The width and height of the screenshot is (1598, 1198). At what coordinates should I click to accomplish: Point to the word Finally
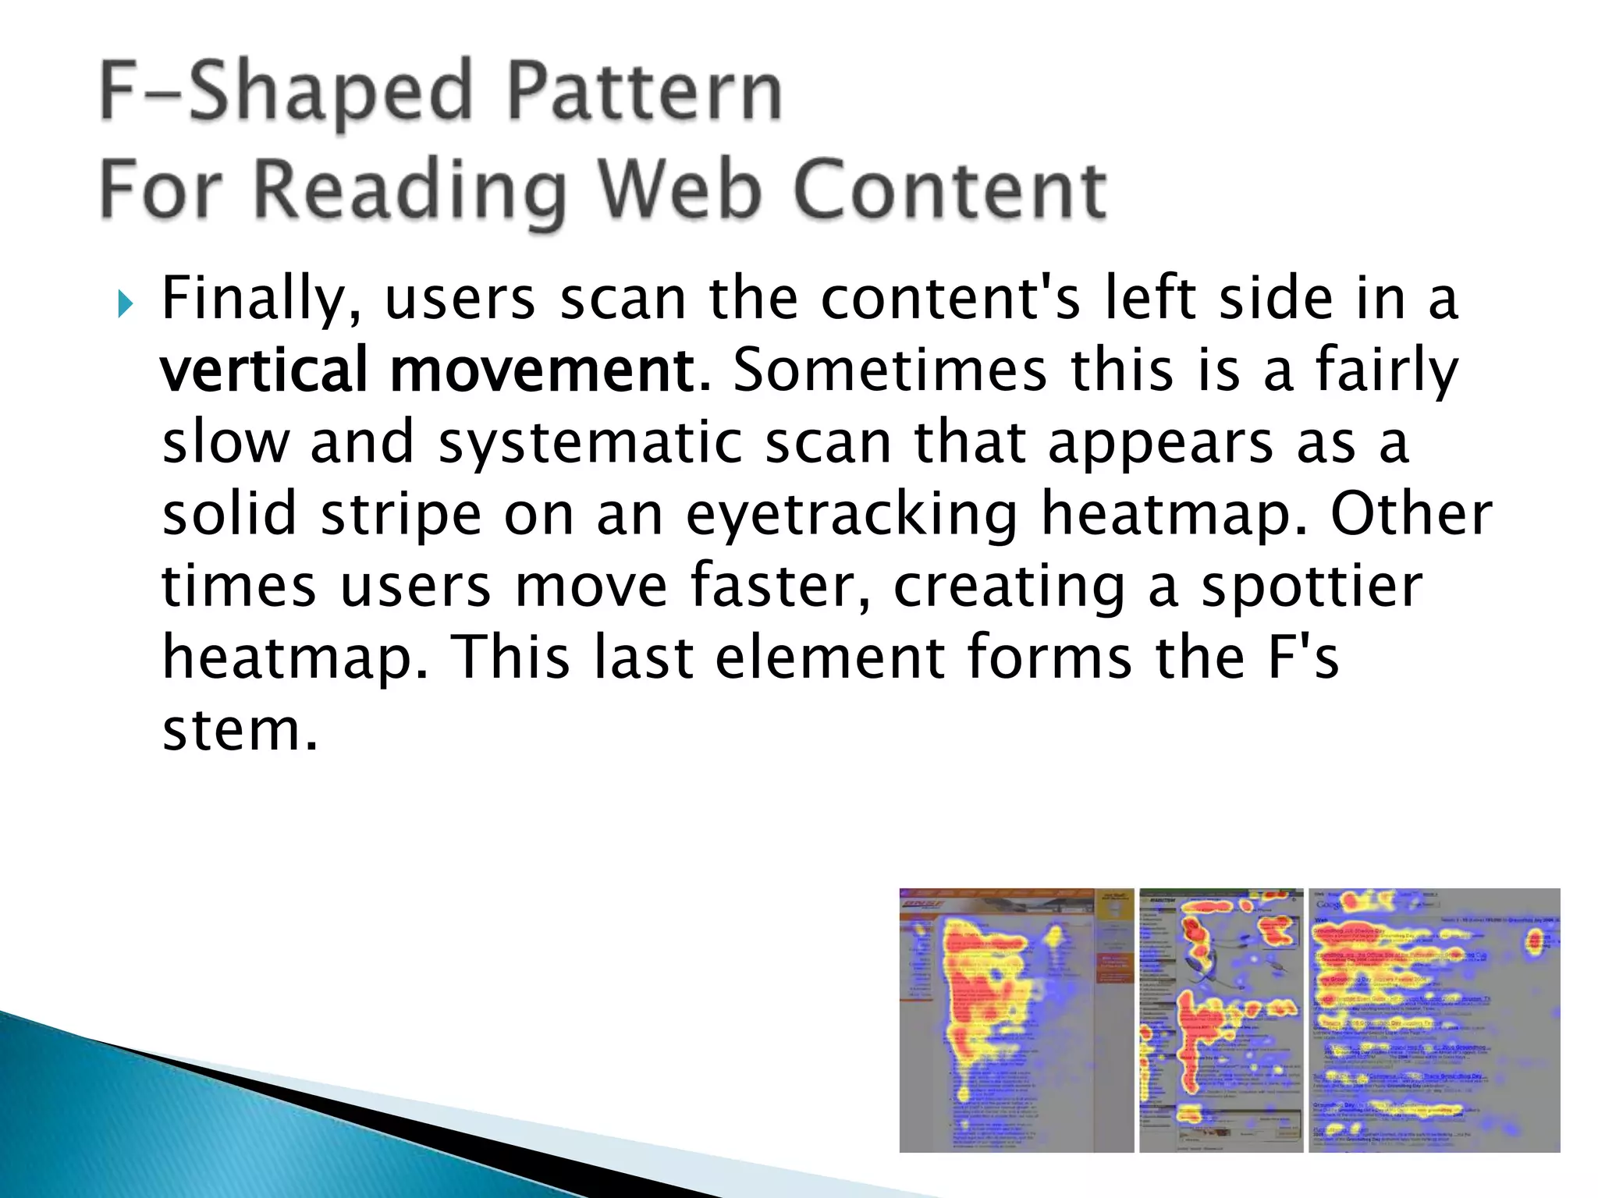point(261,300)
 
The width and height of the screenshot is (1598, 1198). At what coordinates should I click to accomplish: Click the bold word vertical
point(264,370)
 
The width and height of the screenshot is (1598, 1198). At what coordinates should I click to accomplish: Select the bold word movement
point(549,370)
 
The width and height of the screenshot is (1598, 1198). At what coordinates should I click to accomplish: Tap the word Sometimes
point(890,370)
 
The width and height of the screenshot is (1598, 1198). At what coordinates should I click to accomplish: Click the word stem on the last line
point(239,731)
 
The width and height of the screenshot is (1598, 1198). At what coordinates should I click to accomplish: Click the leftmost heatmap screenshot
point(1016,1020)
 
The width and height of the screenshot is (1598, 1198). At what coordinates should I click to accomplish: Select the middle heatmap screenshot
point(1221,1020)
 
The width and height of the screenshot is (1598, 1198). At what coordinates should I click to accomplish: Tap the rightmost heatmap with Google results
point(1434,1020)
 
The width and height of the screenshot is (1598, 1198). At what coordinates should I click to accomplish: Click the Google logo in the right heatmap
point(1330,904)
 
